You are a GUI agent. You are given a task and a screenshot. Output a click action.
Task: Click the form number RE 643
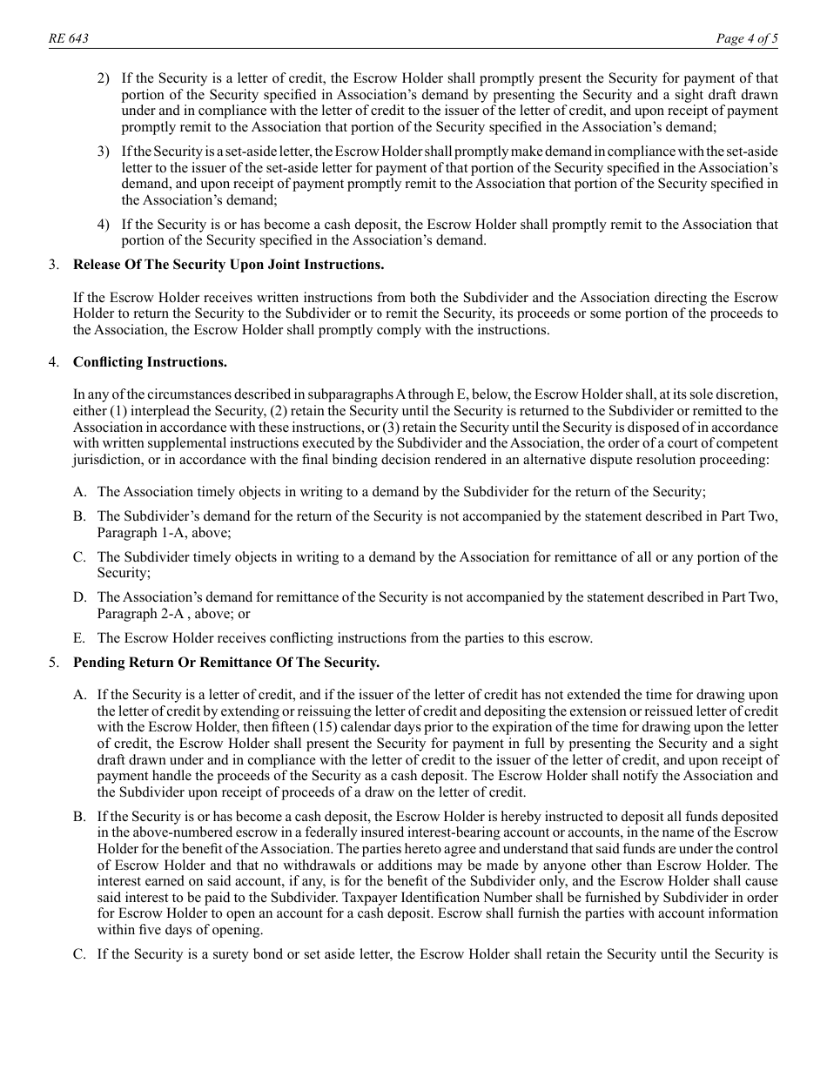[x=68, y=39]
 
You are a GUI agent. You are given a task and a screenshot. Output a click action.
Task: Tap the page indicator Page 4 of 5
[x=747, y=39]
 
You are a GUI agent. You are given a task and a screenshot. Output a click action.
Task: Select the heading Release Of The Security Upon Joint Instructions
[x=228, y=264]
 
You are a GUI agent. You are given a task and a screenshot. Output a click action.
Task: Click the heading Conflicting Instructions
[x=150, y=361]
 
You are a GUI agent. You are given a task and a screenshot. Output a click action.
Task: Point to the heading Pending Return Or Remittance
[x=226, y=663]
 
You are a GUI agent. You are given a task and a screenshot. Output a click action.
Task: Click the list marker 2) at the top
[x=104, y=78]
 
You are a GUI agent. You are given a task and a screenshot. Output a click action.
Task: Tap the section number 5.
[x=55, y=663]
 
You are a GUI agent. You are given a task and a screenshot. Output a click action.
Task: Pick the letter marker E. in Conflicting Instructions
[x=80, y=638]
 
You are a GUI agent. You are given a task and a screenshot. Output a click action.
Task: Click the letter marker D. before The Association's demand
[x=80, y=597]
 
